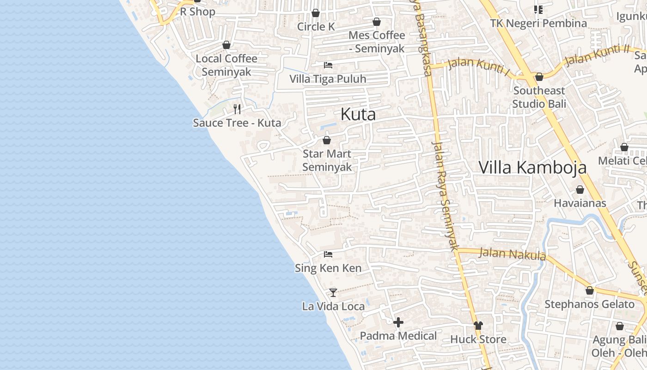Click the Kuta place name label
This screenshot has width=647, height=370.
coord(358,114)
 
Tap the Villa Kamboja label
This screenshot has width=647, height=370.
coord(532,167)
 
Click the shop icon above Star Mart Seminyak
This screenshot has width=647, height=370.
coord(327,140)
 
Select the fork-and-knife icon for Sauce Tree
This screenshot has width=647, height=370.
coord(237,109)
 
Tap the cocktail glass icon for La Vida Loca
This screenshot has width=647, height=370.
coord(333,292)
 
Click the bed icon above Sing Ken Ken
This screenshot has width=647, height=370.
coord(328,254)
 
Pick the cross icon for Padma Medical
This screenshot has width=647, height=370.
coord(398,322)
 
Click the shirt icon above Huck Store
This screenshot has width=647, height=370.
coord(478,326)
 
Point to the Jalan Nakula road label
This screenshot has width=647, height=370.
coord(513,254)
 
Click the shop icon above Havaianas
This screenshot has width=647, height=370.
coord(580,190)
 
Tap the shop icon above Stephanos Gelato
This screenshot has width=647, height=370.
coord(589,290)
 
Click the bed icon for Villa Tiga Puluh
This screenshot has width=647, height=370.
coord(328,65)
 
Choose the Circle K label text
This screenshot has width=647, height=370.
coord(316,27)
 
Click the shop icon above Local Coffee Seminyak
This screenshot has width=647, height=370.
coord(226,45)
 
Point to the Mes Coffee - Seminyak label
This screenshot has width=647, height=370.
coord(377,42)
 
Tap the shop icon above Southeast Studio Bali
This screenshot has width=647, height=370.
coord(539,77)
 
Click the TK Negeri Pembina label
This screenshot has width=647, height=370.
coord(538,23)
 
